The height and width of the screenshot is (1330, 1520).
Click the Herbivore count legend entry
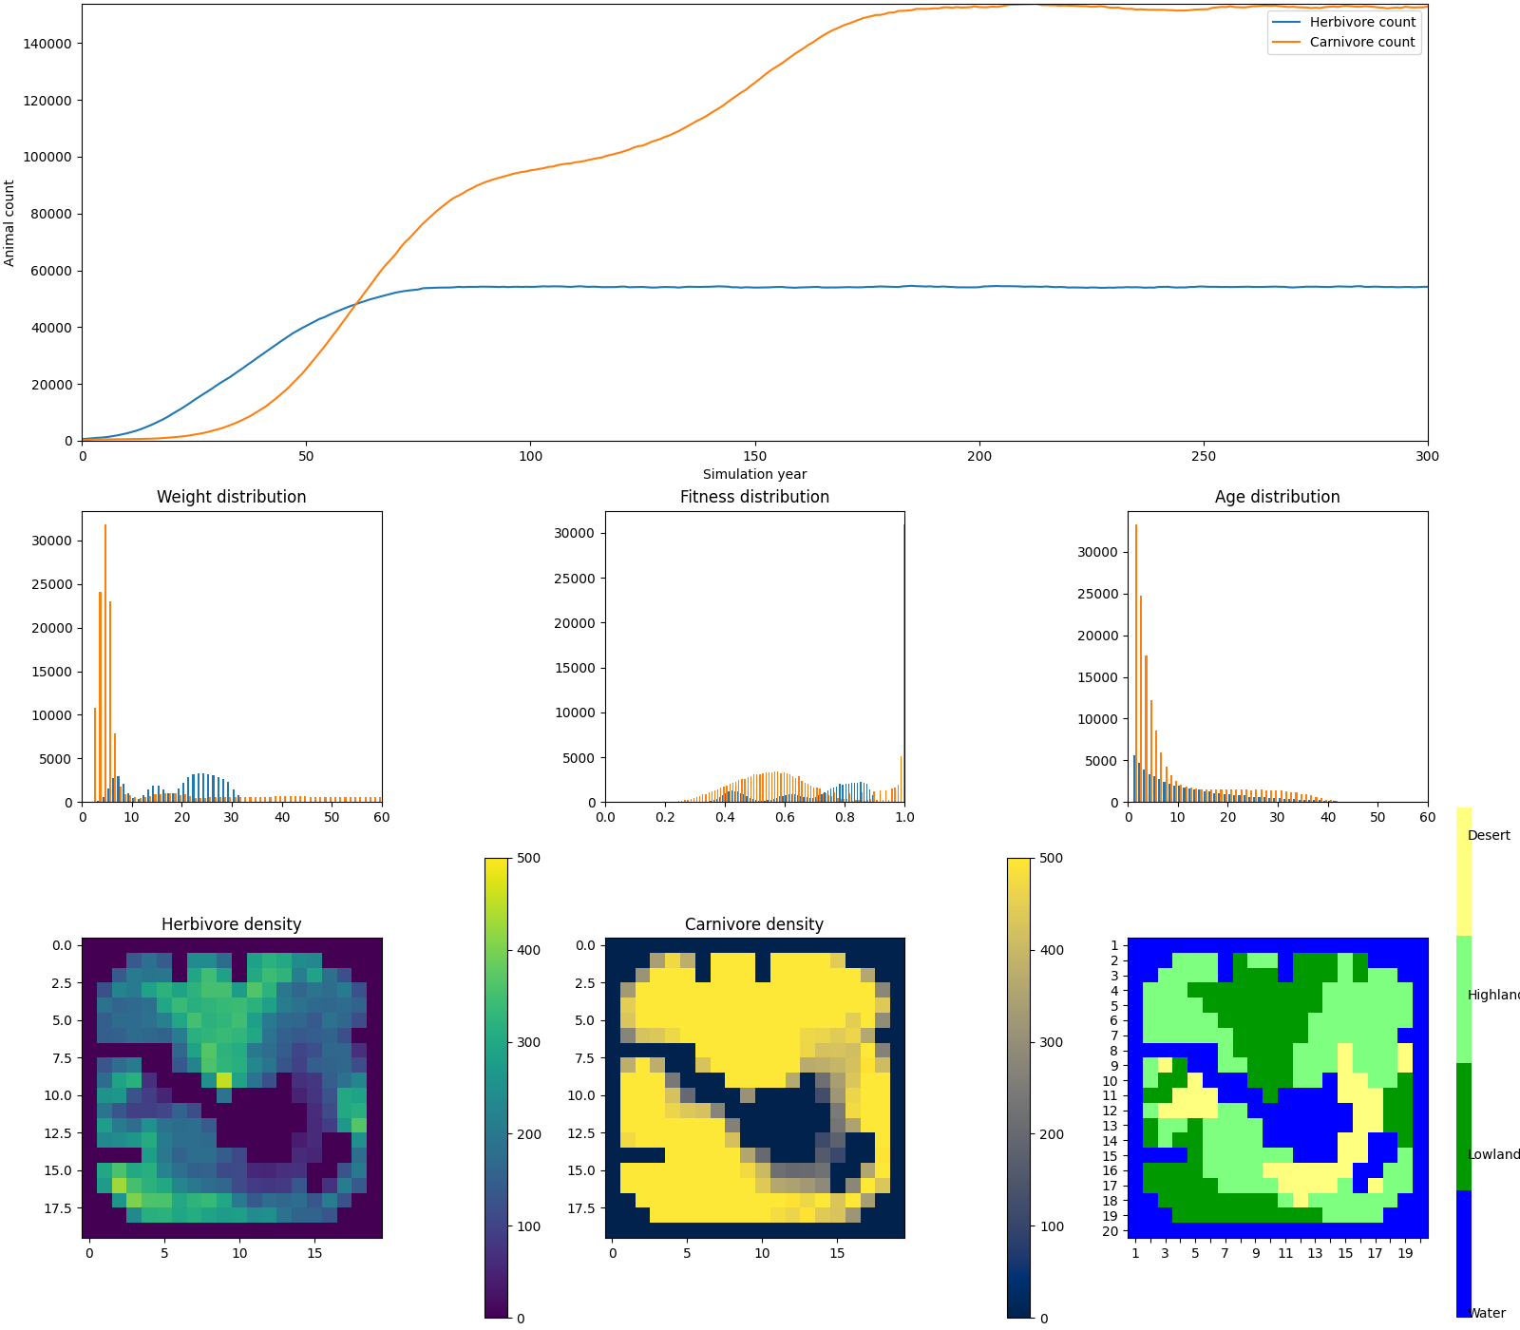coord(1361,22)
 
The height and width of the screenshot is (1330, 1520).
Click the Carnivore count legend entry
coord(1361,42)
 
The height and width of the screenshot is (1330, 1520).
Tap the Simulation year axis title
coord(754,474)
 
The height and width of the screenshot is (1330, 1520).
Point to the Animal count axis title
coord(9,223)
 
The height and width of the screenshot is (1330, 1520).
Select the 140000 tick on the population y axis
coord(51,44)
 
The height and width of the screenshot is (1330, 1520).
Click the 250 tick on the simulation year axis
coord(1203,456)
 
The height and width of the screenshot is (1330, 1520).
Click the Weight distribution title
coord(231,497)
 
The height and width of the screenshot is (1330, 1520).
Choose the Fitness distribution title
coord(754,497)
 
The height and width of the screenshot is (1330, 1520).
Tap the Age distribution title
coord(1277,497)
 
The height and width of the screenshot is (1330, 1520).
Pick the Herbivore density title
coord(231,924)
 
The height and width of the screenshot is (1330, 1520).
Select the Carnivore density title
coord(754,924)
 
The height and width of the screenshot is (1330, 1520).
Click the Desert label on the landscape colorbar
coord(1489,835)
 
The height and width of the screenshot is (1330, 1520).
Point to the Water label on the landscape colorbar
coord(1487,1314)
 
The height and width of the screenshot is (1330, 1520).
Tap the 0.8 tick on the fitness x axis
coord(845,817)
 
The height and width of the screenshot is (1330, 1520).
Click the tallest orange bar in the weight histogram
coord(105,665)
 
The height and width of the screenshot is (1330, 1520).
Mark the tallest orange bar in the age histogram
coord(1136,665)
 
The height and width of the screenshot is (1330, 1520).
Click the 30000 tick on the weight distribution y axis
coord(51,541)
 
